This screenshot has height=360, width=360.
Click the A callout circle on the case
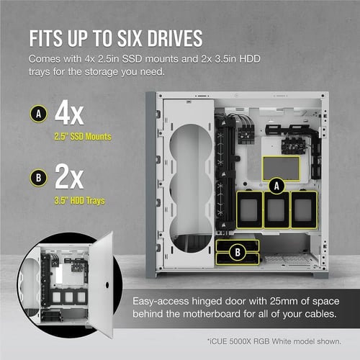click(274, 185)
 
